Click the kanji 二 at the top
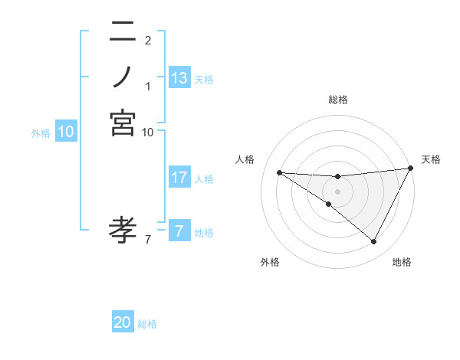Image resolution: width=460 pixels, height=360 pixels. point(123,33)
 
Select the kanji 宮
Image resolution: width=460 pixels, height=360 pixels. point(123,123)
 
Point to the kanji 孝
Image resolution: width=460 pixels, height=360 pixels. point(123,227)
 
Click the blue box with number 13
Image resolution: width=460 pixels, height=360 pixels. point(179,77)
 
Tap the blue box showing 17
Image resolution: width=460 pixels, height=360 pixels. point(179,178)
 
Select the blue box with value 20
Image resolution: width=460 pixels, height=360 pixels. point(123,322)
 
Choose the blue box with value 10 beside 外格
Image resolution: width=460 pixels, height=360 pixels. point(66,132)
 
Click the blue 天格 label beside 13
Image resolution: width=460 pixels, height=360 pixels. point(204,79)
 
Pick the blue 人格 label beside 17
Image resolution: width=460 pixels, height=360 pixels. point(204,179)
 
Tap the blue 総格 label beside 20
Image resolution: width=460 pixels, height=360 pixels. point(147,324)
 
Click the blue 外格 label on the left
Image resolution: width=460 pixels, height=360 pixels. point(41,133)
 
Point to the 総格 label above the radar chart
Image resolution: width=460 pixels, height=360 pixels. point(337,100)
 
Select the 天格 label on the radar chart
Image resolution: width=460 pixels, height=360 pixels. point(431,159)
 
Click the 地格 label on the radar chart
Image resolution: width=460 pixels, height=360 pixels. point(402,262)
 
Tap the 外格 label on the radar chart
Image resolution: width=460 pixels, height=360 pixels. point(270,262)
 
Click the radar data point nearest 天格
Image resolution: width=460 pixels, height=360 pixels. point(410,169)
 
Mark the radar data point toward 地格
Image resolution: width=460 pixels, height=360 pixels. point(374,242)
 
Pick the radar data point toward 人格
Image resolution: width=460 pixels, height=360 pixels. point(279,172)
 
